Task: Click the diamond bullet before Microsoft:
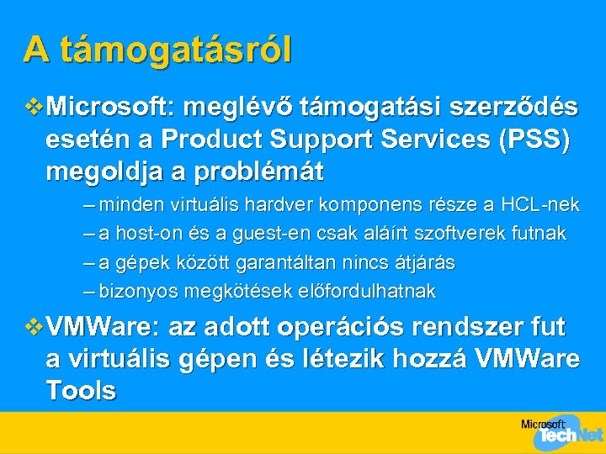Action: tap(35, 108)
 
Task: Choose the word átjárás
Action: tap(424, 263)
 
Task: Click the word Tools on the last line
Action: tap(81, 390)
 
